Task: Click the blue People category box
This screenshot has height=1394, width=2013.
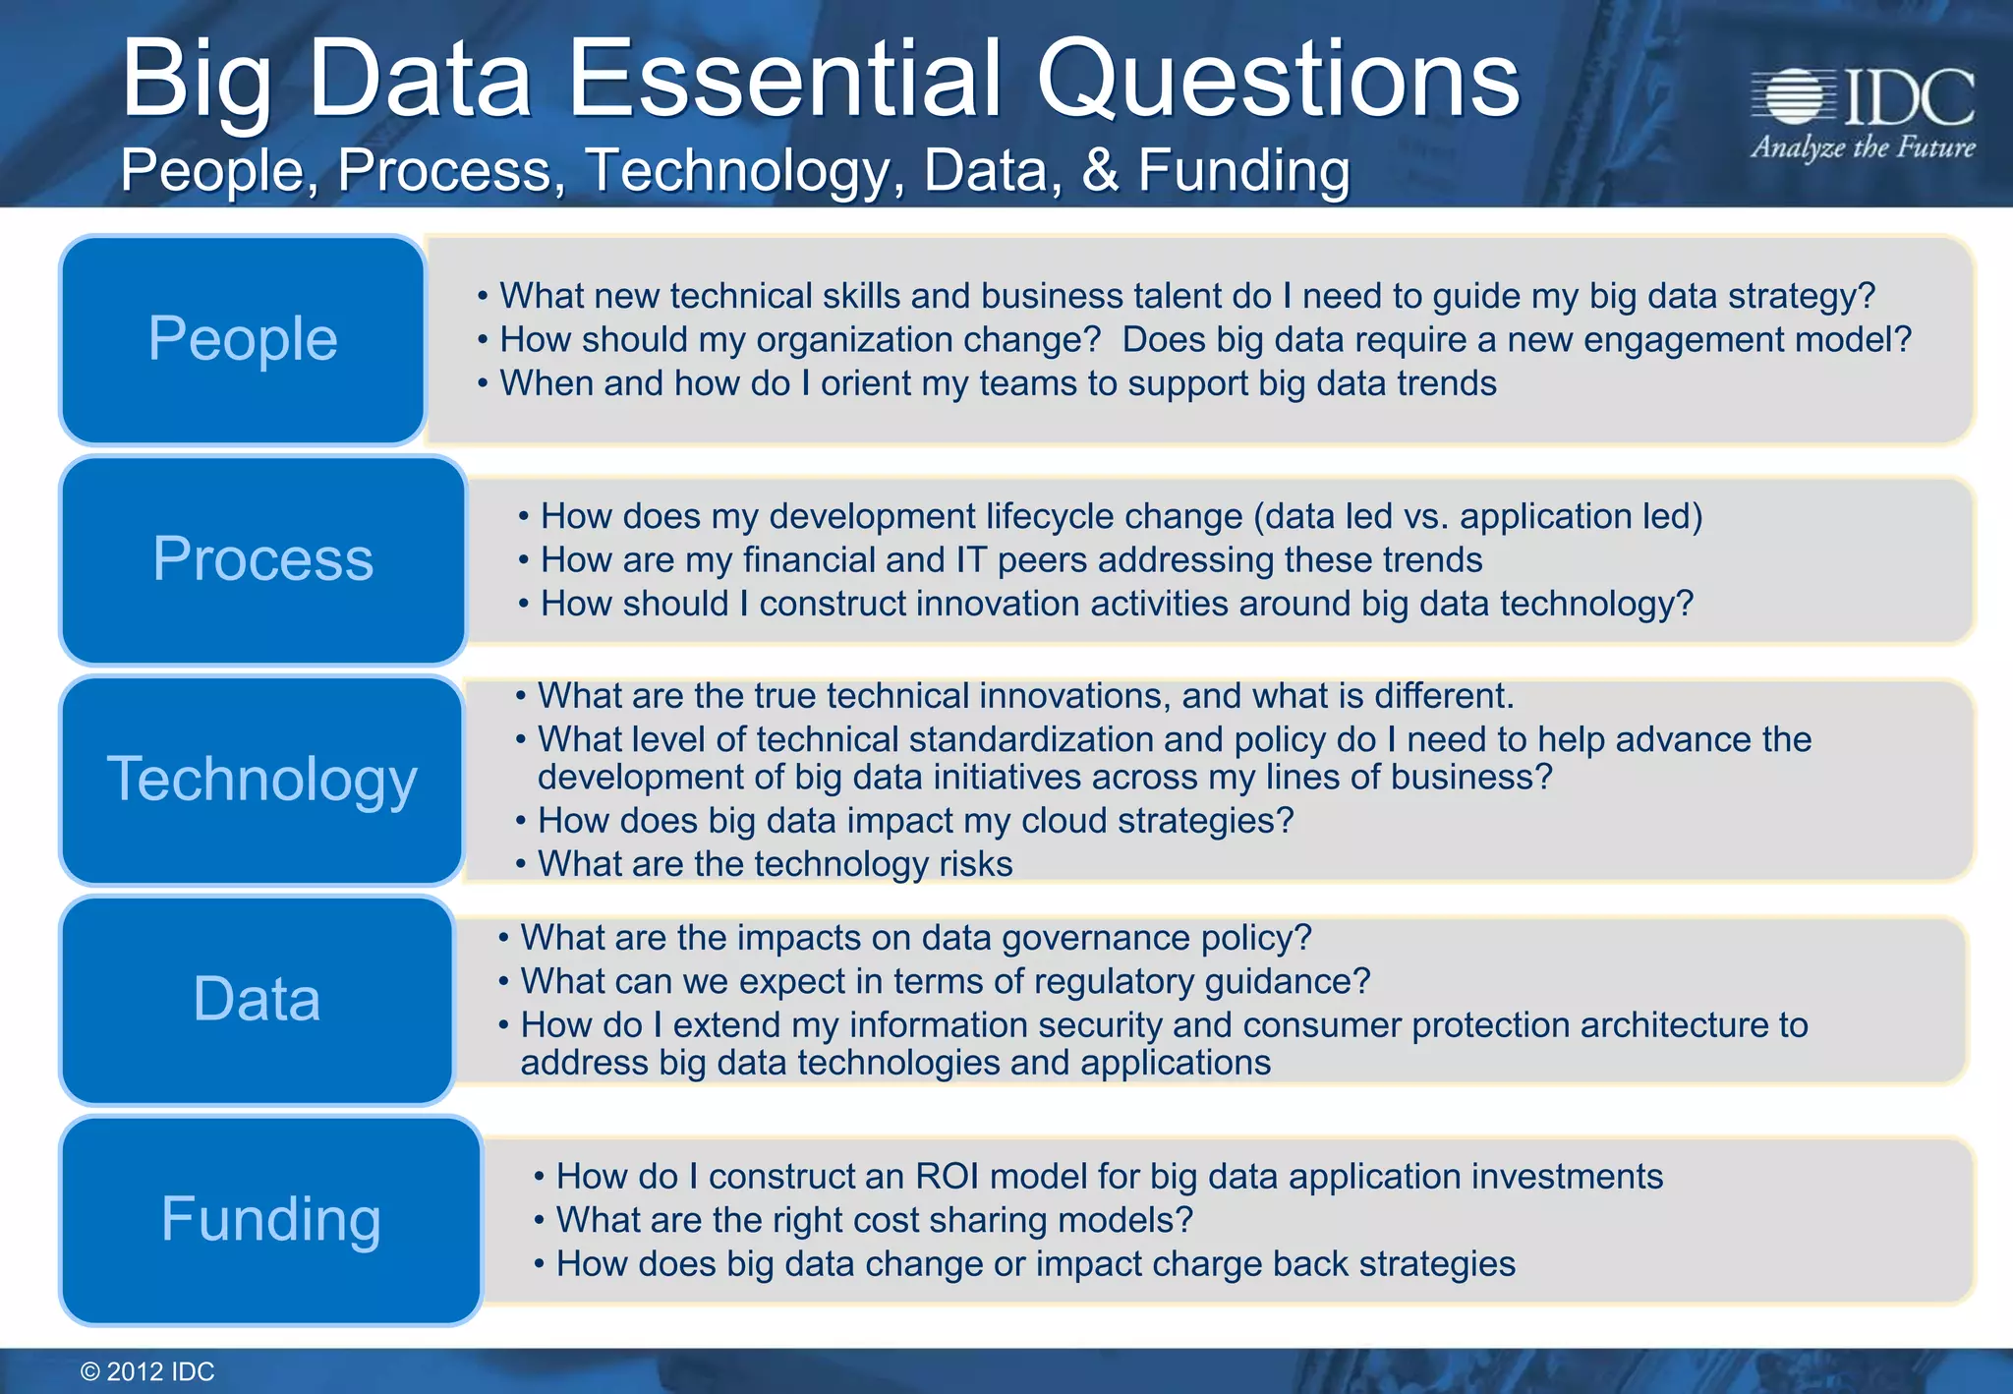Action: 243,340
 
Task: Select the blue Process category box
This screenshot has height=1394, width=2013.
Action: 262,560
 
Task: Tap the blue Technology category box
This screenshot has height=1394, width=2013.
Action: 261,780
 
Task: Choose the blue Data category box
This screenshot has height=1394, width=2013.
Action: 257,1000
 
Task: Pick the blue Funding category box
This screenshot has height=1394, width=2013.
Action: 270,1220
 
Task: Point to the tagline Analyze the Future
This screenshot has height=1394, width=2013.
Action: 1863,148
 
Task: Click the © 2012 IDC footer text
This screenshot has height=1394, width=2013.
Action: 147,1371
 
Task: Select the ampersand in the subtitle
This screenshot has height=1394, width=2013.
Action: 1100,170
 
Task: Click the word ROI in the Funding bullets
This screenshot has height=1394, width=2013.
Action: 951,1177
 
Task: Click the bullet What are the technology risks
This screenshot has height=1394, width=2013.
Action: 775,864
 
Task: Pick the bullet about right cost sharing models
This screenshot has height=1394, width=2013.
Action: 874,1220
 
